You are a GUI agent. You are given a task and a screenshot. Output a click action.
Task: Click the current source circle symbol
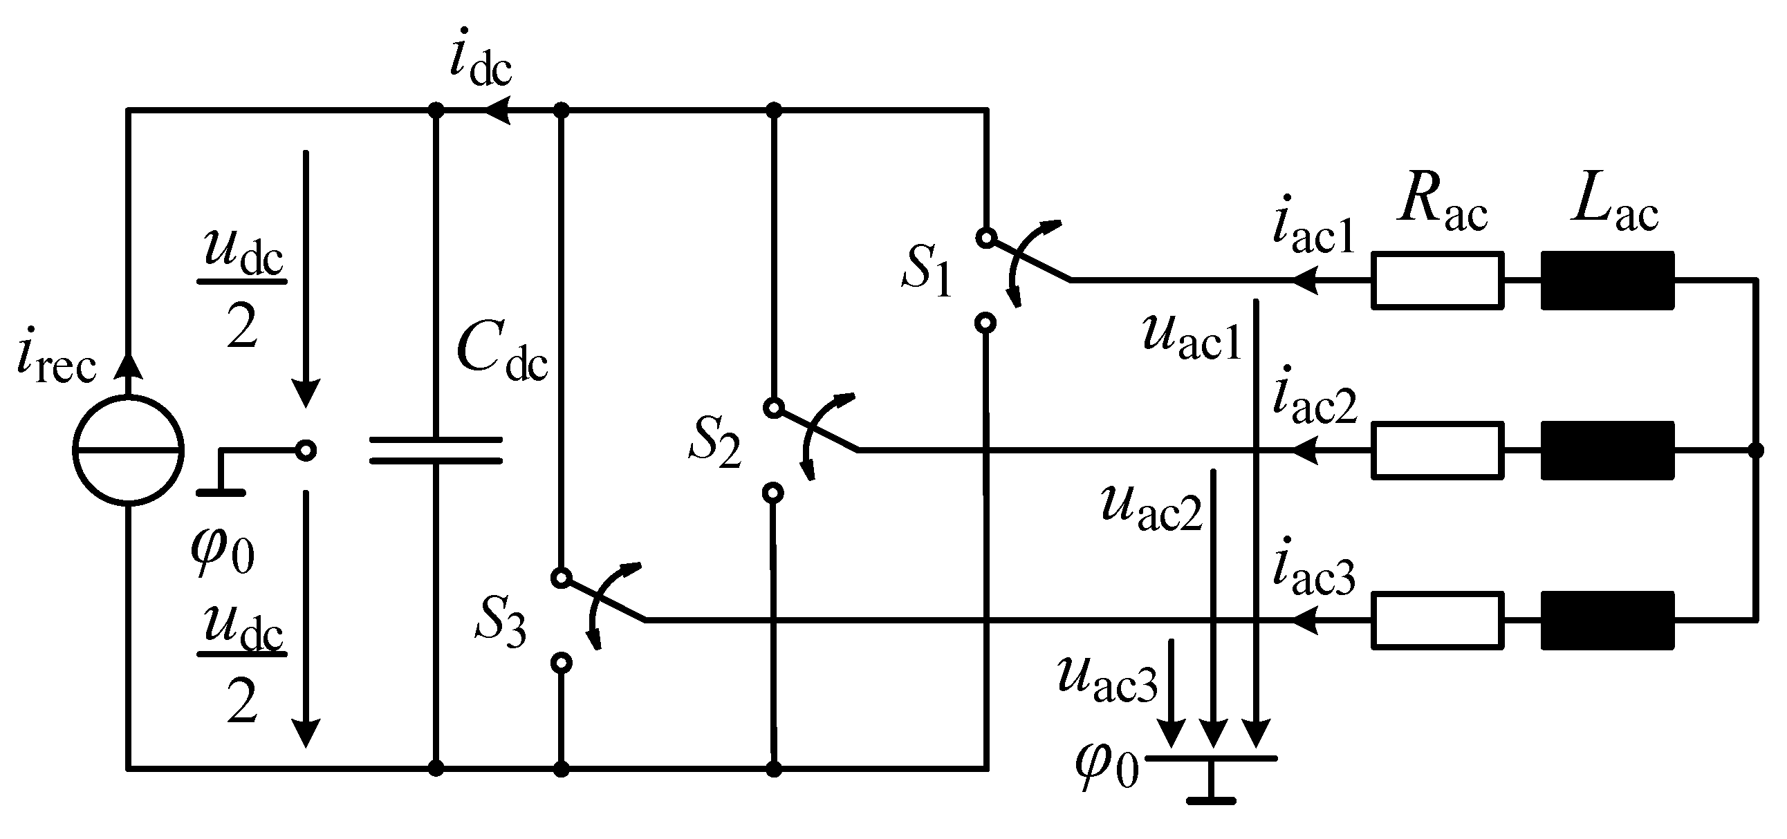click(x=129, y=450)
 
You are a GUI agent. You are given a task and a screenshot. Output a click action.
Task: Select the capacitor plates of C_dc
click(x=435, y=450)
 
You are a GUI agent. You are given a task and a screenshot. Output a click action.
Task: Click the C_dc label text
click(x=501, y=353)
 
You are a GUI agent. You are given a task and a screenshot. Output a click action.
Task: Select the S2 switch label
click(x=714, y=444)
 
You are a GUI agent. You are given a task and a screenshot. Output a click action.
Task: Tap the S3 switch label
click(x=500, y=622)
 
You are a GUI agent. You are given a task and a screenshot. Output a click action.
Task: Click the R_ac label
click(x=1442, y=204)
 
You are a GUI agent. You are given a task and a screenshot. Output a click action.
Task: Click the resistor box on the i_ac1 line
click(x=1438, y=280)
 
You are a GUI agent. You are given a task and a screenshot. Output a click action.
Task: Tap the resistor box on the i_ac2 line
click(x=1438, y=451)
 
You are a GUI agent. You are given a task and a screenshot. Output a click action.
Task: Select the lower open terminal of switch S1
click(x=985, y=323)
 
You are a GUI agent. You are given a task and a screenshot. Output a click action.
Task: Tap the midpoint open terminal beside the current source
click(x=306, y=451)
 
